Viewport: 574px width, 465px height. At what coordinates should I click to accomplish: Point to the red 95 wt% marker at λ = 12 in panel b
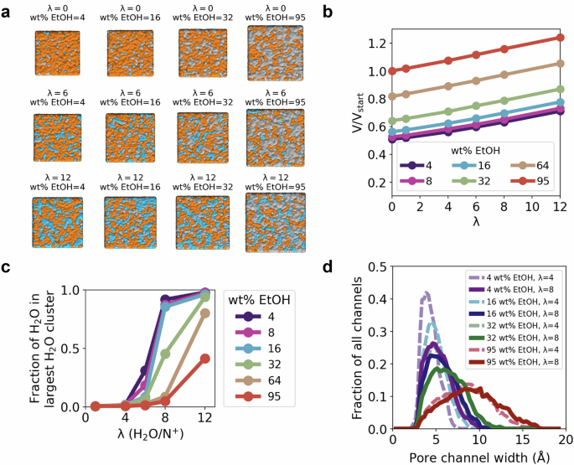[560, 38]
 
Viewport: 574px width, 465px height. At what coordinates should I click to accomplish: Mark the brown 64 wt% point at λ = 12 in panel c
[204, 313]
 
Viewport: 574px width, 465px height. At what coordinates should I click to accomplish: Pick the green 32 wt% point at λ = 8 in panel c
[166, 354]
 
